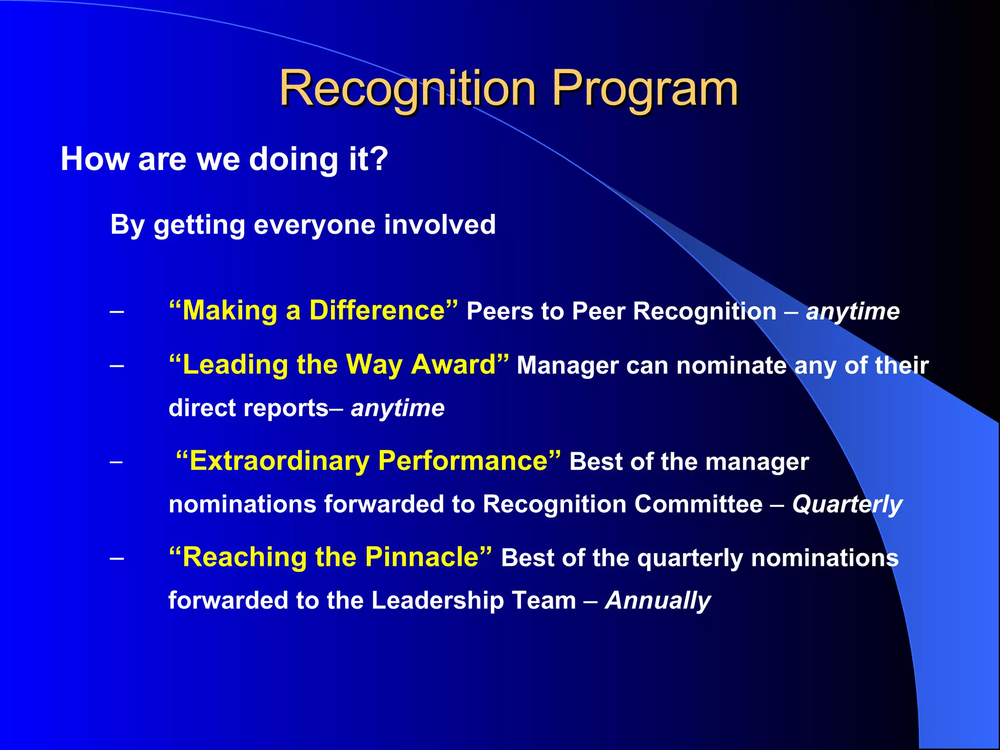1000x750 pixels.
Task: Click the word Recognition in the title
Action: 407,89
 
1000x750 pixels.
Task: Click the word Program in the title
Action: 645,89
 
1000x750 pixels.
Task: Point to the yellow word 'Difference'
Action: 377,311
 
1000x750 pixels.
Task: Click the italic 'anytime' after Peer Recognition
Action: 853,312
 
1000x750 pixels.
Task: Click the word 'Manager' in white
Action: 567,366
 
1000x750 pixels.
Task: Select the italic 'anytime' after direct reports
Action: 397,408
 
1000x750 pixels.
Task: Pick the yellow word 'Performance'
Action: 463,461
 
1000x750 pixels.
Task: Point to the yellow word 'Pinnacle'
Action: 422,558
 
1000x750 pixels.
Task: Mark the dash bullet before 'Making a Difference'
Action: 117,312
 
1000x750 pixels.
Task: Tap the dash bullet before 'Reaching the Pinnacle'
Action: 117,558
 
